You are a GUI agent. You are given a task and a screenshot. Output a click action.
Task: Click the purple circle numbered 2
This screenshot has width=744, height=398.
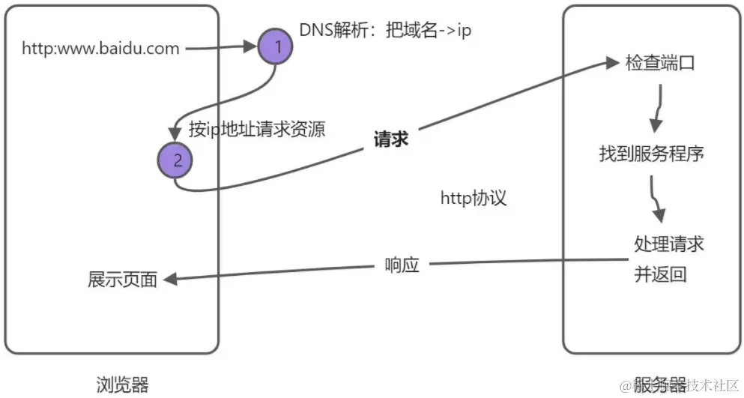click(176, 159)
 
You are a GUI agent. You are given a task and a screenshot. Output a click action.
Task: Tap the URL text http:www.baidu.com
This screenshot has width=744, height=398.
click(100, 49)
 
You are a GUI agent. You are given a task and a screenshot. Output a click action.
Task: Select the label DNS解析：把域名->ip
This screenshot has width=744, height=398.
click(385, 31)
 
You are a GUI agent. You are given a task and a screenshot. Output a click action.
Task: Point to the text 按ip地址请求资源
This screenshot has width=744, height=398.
click(257, 129)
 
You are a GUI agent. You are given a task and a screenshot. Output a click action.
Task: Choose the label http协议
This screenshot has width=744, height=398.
click(474, 198)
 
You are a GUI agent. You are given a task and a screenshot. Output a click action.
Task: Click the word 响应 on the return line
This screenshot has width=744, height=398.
click(402, 265)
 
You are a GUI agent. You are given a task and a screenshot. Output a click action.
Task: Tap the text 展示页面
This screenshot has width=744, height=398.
click(123, 280)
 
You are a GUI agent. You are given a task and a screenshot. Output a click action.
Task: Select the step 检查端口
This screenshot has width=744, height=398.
click(660, 63)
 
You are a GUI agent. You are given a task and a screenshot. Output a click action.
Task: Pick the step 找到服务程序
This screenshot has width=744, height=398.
click(651, 154)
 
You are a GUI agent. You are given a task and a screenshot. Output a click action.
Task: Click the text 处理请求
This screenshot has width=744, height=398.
click(669, 244)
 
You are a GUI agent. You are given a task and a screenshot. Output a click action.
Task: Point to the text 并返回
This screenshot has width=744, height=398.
click(660, 274)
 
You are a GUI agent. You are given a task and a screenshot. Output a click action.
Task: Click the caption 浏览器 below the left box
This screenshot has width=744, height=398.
click(123, 385)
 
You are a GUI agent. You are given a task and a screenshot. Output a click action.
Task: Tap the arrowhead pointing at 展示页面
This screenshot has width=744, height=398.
click(170, 279)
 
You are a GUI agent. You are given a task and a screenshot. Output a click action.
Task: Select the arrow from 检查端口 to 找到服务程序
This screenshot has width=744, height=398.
click(657, 106)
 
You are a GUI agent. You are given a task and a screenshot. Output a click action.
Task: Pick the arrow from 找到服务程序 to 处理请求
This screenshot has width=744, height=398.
click(656, 199)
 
